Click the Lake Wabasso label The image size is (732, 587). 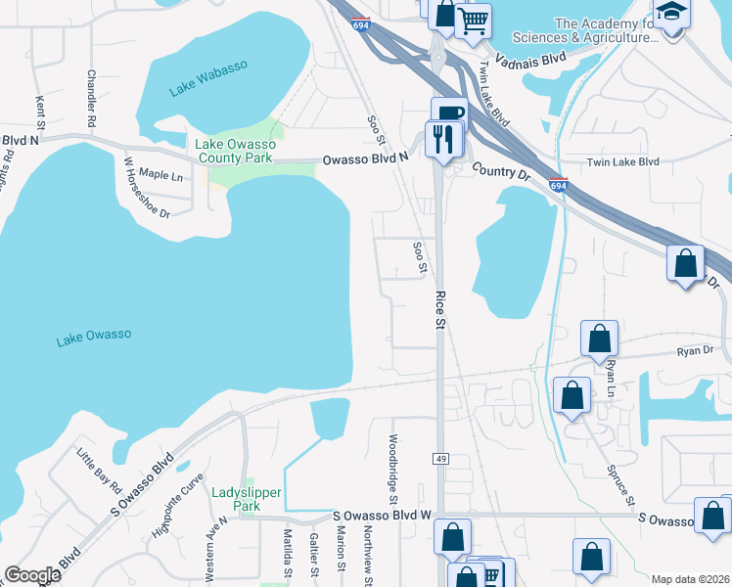coord(208,79)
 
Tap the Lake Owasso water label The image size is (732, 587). coord(93,337)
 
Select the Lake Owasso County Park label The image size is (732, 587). coord(235,151)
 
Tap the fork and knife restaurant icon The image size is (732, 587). coord(444,139)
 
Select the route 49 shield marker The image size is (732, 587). coord(440,458)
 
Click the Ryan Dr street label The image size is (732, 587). coord(692,350)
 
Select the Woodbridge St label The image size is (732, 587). coord(392,470)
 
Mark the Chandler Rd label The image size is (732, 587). coord(91,99)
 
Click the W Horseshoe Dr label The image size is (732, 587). coord(148,187)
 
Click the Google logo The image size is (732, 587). coord(32,575)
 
